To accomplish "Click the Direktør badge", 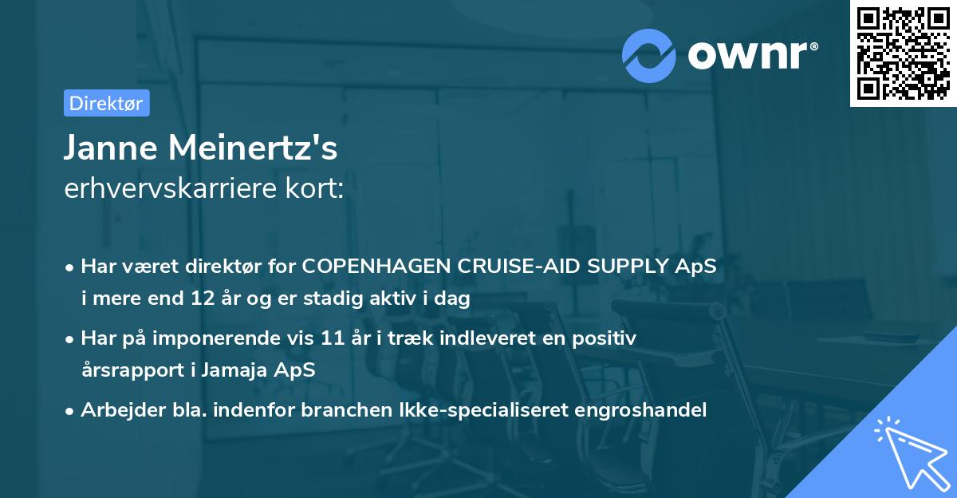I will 106,103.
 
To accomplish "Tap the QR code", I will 903,54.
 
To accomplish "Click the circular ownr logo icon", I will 649,55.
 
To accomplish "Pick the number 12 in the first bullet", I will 199,299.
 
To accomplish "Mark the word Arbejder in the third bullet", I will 116,410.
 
